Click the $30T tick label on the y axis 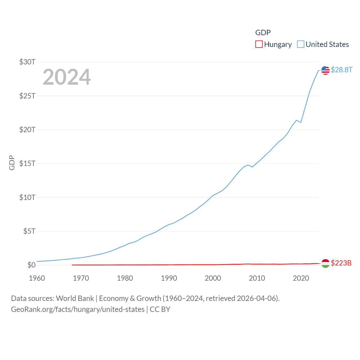coord(27,62)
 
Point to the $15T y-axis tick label coord(27,163)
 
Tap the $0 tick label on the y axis coord(31,265)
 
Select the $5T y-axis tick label coord(29,231)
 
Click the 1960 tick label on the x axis coord(37,278)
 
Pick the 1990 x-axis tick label coord(169,278)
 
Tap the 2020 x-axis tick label coord(301,278)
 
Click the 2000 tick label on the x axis coord(213,278)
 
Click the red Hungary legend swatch coord(259,44)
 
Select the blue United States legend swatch coord(301,44)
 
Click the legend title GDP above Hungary coord(263,33)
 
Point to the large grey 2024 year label coord(67,77)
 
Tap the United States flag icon coord(325,70)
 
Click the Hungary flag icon coord(325,263)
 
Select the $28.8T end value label coord(341,70)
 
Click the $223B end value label coord(341,263)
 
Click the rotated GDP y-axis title coord(12,163)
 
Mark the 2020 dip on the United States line coord(301,122)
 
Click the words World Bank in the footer coord(75,298)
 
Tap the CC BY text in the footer coord(160,309)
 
